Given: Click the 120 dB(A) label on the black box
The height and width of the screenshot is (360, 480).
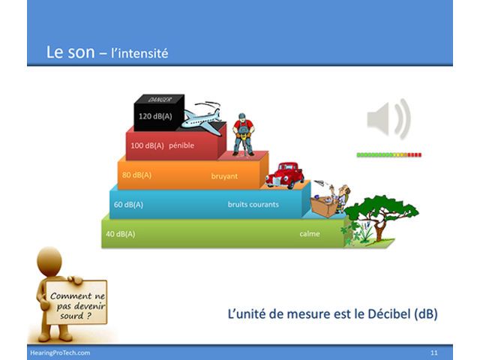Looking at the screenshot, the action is (155, 116).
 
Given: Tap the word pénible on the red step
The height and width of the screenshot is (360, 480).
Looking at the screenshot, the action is (181, 145).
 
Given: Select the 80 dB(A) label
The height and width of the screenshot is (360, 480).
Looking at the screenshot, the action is (136, 175).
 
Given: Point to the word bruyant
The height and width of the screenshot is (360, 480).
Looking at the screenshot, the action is (224, 176).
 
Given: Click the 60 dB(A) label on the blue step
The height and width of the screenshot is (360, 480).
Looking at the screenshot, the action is (128, 205).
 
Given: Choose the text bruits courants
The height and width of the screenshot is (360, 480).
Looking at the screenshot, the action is (253, 205).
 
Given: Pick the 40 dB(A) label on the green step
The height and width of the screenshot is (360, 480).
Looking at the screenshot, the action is (120, 234).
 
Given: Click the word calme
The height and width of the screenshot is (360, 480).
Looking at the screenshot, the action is (310, 234).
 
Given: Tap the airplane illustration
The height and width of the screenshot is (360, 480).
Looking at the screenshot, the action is (201, 118).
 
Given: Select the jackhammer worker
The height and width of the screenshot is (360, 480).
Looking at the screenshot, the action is (243, 135).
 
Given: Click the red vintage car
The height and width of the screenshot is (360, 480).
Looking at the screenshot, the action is (284, 175).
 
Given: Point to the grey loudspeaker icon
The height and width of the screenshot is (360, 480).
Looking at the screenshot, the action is (388, 119).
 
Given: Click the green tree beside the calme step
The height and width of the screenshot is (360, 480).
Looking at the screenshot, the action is (379, 217).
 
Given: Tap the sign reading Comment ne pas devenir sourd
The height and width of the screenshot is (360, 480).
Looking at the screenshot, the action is (76, 302).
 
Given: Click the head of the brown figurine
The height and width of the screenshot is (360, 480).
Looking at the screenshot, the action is (49, 262).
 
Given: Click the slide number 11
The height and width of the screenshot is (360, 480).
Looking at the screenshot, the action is (433, 352).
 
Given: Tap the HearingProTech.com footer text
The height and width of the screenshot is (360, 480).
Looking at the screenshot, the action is (60, 352).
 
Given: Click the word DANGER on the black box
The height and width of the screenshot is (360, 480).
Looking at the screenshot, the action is (160, 100).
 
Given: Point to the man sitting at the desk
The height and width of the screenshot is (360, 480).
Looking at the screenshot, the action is (341, 198).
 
